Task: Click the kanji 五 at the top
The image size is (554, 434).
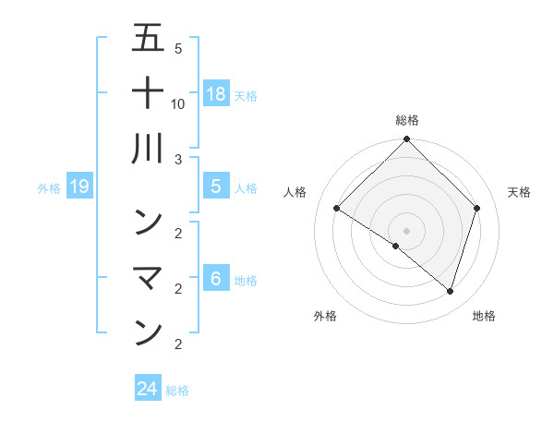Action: [x=148, y=40]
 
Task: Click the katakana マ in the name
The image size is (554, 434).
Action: [x=148, y=277]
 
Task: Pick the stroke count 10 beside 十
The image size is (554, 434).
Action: [x=178, y=103]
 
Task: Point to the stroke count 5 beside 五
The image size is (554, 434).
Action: [x=178, y=48]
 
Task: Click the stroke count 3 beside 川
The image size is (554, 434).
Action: [x=178, y=160]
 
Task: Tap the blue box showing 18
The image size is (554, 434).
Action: [x=215, y=94]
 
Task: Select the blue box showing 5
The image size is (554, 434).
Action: [x=215, y=187]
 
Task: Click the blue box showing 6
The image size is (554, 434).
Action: [x=215, y=279]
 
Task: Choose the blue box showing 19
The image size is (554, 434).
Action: [x=78, y=187]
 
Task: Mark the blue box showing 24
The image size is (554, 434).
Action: [x=148, y=389]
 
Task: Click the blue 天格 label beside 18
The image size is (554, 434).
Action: [x=246, y=96]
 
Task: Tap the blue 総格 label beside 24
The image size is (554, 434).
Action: [x=177, y=391]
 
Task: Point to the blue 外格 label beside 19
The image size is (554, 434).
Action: [x=49, y=188]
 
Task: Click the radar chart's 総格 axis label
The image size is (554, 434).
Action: [x=407, y=120]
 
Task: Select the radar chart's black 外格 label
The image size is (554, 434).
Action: [x=325, y=316]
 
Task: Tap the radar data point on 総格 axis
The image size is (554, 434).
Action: [x=406, y=140]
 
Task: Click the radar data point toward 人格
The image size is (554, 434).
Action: [x=337, y=209]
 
